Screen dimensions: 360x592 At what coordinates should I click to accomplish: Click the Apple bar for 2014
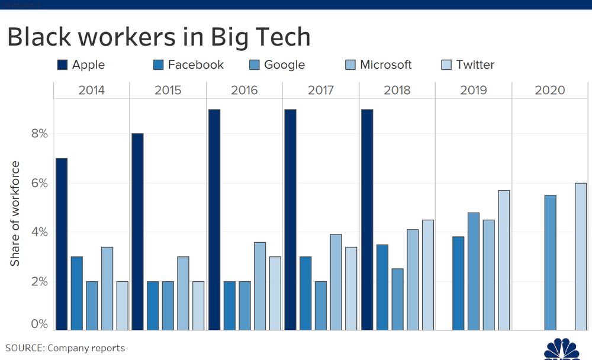(x=61, y=244)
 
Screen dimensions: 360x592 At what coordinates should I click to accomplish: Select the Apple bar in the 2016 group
(x=214, y=219)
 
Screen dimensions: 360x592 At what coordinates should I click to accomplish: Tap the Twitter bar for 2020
(x=581, y=256)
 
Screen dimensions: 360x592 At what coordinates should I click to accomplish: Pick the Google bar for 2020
(x=550, y=262)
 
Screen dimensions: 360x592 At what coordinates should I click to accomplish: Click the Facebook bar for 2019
(x=458, y=283)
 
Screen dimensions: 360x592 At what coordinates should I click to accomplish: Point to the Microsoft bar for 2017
(x=336, y=282)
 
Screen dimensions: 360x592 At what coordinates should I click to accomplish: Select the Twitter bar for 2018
(x=428, y=275)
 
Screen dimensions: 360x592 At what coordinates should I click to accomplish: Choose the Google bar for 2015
(x=168, y=305)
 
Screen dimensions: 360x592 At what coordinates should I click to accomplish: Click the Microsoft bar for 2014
(x=107, y=288)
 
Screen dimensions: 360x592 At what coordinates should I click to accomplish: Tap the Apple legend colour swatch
(x=62, y=65)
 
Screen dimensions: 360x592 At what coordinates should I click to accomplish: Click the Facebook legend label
(x=196, y=65)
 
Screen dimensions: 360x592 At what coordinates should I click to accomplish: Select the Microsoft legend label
(x=385, y=65)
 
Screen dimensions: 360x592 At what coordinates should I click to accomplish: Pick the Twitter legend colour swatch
(x=447, y=65)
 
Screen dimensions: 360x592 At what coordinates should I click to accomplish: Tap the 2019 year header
(x=473, y=91)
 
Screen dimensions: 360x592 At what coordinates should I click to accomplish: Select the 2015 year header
(x=168, y=91)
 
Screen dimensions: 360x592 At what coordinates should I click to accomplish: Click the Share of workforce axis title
(x=15, y=213)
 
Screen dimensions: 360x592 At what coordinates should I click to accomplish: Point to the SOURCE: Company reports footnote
(x=65, y=348)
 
